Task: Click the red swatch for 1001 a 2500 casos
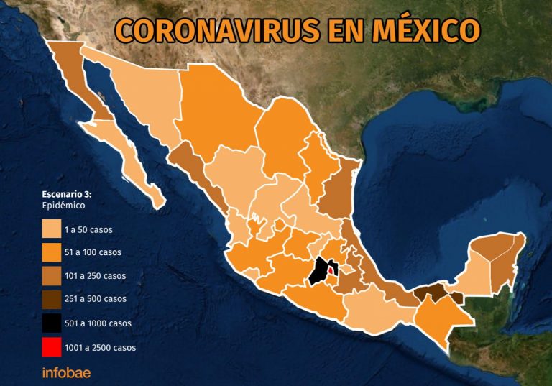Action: click(x=50, y=347)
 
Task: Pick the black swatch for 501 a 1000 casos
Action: click(x=50, y=324)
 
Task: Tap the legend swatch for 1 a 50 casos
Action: click(x=50, y=229)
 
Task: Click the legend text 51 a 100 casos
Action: click(x=93, y=252)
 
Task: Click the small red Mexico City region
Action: click(x=330, y=271)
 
